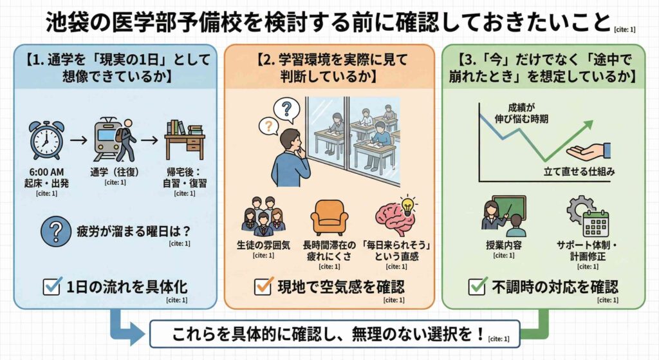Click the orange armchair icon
pyautogui.click(x=329, y=216)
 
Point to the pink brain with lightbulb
pyautogui.click(x=395, y=216)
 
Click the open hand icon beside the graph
pyautogui.click(x=588, y=152)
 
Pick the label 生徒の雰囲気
pyautogui.click(x=263, y=245)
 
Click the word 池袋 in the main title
pyautogui.click(x=64, y=22)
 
